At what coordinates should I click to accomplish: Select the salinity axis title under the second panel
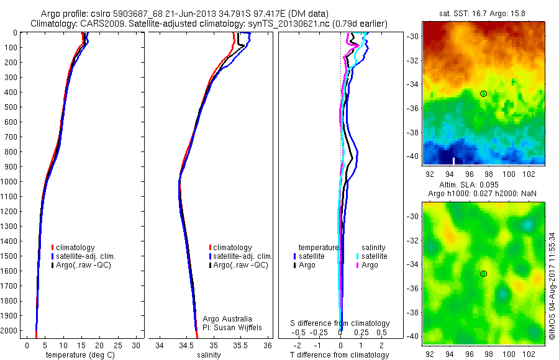pyautogui.click(x=209, y=355)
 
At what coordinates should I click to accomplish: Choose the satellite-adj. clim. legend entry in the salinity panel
pyautogui.click(x=243, y=256)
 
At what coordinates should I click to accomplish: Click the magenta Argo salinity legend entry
pyautogui.click(x=369, y=265)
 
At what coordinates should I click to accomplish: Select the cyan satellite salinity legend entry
pyautogui.click(x=374, y=256)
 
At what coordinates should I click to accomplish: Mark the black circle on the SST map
pyautogui.click(x=483, y=94)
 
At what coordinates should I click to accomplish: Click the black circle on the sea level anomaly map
pyautogui.click(x=483, y=274)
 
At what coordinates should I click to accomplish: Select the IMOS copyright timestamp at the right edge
pyautogui.click(x=552, y=287)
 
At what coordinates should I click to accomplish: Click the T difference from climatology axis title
pyautogui.click(x=340, y=355)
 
